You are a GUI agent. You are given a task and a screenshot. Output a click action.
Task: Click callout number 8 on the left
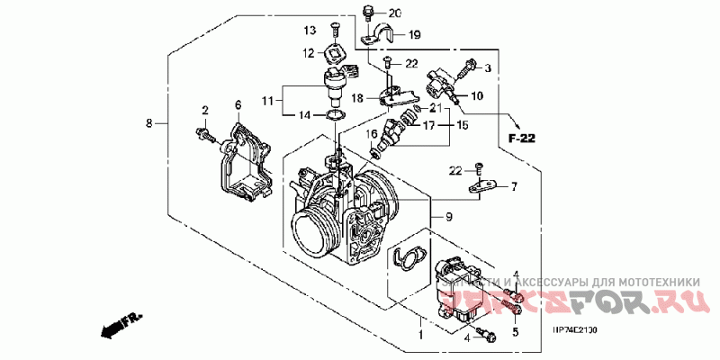pos(149,121)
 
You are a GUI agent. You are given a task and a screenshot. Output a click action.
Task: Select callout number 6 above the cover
pos(238,105)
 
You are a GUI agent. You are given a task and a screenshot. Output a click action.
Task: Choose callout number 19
pos(415,35)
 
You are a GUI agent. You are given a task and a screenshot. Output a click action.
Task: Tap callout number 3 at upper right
pos(488,68)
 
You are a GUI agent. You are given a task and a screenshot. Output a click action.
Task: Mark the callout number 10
pos(477,95)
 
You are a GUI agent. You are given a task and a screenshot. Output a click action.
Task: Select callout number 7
pos(514,187)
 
